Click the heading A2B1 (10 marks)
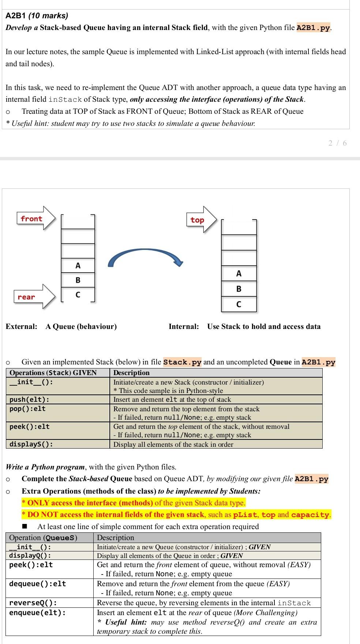pyautogui.click(x=37, y=16)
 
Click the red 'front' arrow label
pyautogui.click(x=31, y=219)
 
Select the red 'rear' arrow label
pyautogui.click(x=26, y=297)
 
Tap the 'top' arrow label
pyautogui.click(x=197, y=220)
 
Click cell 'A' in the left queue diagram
pyautogui.click(x=78, y=266)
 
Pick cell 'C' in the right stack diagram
pyautogui.click(x=239, y=304)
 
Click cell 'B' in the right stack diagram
pyautogui.click(x=239, y=289)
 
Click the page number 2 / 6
pyautogui.click(x=337, y=143)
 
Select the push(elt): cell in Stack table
pyautogui.click(x=29, y=400)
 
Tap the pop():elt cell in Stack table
pyautogui.click(x=27, y=409)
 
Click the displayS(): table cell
pyautogui.click(x=31, y=444)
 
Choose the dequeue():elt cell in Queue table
pyautogui.click(x=37, y=584)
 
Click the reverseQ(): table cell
pyautogui.click(x=33, y=603)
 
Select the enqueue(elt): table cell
pyautogui.click(x=37, y=613)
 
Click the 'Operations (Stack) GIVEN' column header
pyautogui.click(x=53, y=373)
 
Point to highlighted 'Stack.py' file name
pyautogui.click(x=182, y=362)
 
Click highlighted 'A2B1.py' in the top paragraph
pyautogui.click(x=313, y=28)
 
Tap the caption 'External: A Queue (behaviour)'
pyautogui.click(x=61, y=326)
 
